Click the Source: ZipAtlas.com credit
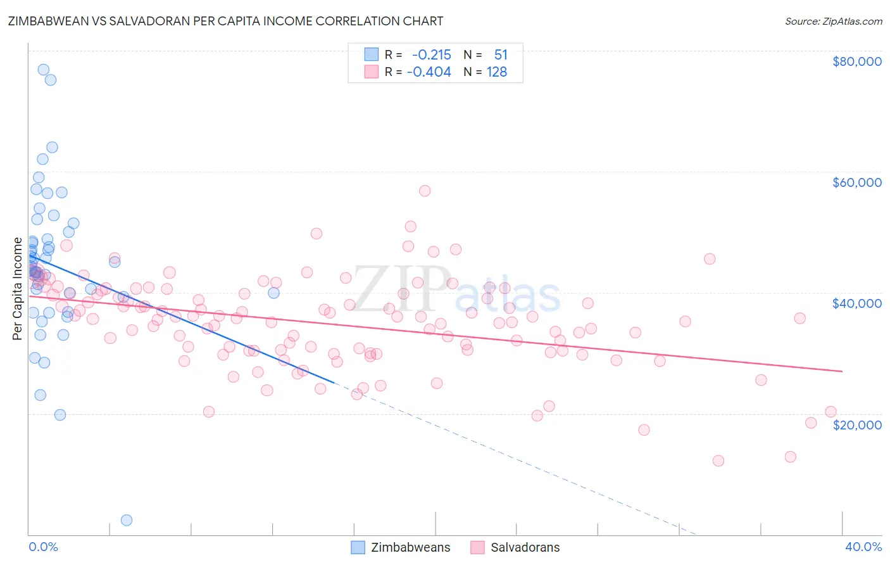833,21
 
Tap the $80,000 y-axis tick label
856,61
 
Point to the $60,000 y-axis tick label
856,182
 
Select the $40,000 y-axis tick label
856,303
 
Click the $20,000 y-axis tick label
856,424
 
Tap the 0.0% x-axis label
43,547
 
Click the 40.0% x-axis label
863,547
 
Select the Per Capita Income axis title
18,288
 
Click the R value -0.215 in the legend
431,55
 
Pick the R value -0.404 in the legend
429,72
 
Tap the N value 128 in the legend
497,72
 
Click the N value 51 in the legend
501,55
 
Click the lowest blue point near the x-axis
127,520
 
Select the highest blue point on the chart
44,70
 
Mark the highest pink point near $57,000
425,191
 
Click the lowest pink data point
718,460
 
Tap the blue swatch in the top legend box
372,54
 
